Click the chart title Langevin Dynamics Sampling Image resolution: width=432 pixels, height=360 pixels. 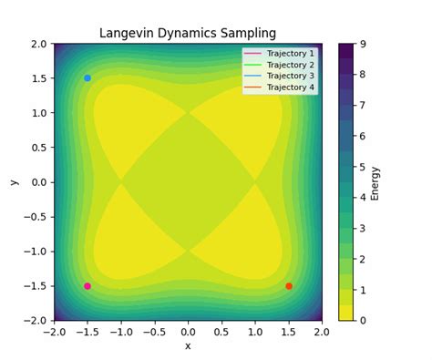tap(188, 34)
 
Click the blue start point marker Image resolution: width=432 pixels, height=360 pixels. tap(87, 78)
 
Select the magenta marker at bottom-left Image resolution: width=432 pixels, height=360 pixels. tap(87, 286)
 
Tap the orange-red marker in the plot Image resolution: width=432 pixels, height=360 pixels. tap(289, 286)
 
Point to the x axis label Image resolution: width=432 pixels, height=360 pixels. tap(188, 345)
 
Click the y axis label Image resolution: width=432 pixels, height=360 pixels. tap(14, 182)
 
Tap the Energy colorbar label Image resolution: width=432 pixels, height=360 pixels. tap(375, 182)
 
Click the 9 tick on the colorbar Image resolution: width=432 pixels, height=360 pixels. tap(363, 44)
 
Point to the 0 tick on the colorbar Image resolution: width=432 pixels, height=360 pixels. tap(363, 321)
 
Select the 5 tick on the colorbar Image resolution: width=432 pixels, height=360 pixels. tap(363, 167)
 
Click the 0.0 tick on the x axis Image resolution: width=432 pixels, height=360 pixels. tap(188, 332)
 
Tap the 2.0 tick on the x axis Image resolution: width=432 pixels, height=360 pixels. tap(322, 332)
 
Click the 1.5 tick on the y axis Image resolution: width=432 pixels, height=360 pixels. tap(37, 78)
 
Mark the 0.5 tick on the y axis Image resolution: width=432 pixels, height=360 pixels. tap(37, 148)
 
